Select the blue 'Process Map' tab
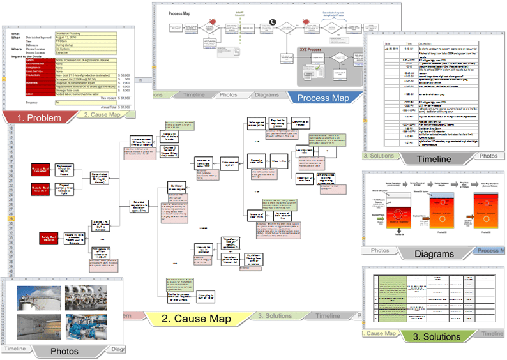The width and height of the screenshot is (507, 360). [x=322, y=98]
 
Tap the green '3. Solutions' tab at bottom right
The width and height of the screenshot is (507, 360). [x=437, y=336]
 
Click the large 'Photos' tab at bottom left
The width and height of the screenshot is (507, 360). [x=64, y=350]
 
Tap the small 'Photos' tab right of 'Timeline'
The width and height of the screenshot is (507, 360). [x=488, y=156]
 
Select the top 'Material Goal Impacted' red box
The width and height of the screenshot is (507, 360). [x=44, y=170]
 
